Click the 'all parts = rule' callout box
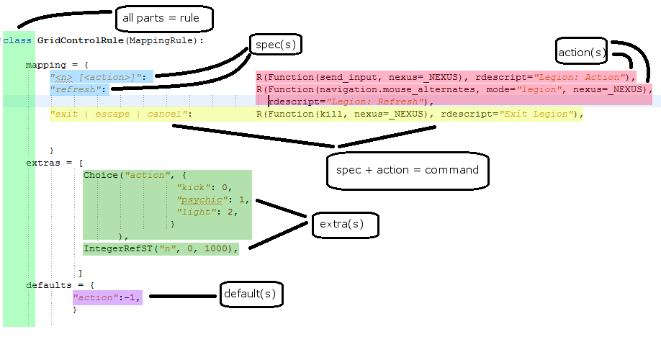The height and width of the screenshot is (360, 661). pyautogui.click(x=164, y=19)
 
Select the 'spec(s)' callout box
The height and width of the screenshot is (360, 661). pyautogui.click(x=274, y=45)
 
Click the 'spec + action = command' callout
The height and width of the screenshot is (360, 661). pyautogui.click(x=407, y=171)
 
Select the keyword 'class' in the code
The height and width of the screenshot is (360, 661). pyautogui.click(x=17, y=40)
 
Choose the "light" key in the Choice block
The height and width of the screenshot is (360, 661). pyautogui.click(x=198, y=212)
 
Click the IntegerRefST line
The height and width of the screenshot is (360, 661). pyautogui.click(x=160, y=248)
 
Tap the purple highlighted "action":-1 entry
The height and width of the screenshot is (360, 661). pyautogui.click(x=107, y=297)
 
